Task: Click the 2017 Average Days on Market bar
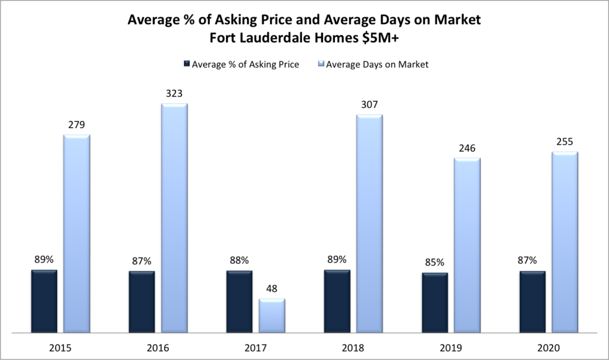pyautogui.click(x=272, y=315)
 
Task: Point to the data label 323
pyautogui.click(x=174, y=93)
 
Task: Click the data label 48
pyautogui.click(x=272, y=289)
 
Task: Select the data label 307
pyautogui.click(x=369, y=104)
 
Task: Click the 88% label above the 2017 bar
pyautogui.click(x=239, y=260)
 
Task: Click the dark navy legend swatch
pyautogui.click(x=186, y=64)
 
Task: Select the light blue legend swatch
pyautogui.click(x=321, y=64)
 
